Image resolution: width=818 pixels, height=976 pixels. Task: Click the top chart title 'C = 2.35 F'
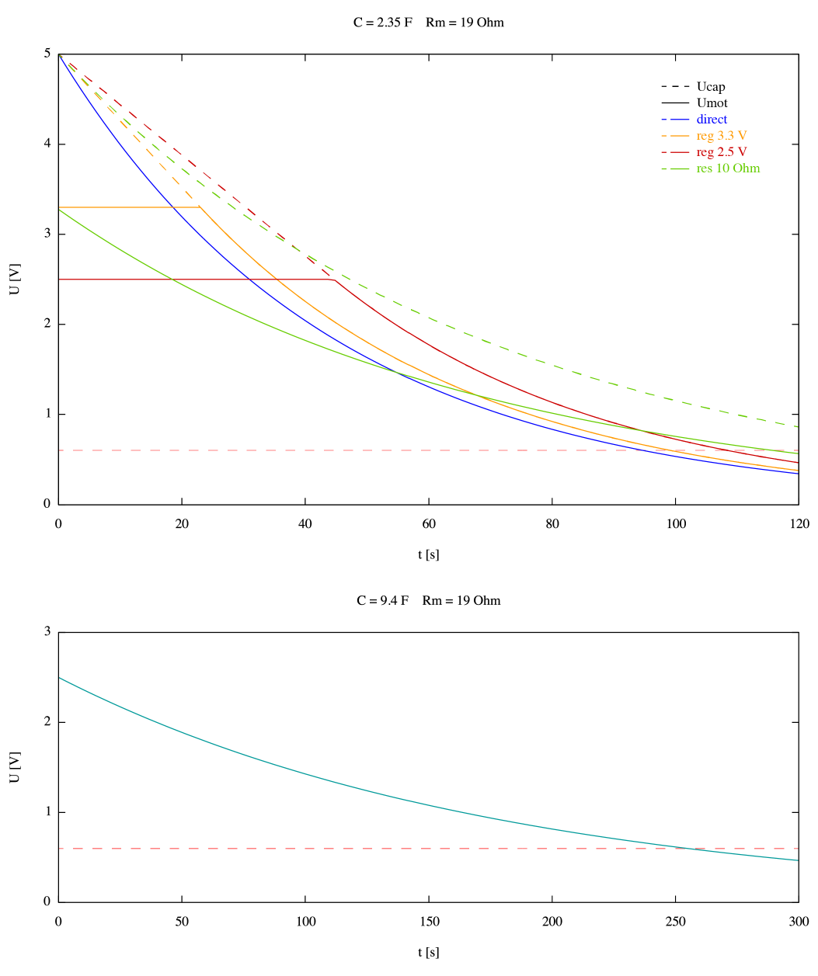382,23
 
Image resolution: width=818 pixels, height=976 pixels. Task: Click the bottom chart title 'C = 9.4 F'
382,600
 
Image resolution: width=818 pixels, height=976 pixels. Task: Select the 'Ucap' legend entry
711,87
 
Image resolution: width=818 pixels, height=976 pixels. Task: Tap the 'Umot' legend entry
712,103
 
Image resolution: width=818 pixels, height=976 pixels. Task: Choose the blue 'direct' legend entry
712,120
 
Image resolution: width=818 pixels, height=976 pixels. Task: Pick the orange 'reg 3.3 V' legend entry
722,136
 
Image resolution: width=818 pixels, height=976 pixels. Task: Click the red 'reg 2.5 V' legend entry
722,152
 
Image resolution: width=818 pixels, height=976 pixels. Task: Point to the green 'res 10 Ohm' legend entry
728,168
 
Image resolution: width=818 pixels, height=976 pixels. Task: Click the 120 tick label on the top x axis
799,524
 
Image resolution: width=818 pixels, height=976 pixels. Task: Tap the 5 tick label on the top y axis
47,54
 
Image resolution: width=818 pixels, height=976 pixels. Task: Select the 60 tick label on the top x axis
429,524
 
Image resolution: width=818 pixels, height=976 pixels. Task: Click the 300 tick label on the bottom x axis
799,922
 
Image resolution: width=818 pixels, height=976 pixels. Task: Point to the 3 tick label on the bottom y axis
47,632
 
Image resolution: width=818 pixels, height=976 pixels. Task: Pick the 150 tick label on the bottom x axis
429,922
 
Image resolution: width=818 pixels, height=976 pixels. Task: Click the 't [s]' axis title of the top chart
429,554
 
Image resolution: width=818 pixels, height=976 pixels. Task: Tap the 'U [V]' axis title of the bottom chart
15,767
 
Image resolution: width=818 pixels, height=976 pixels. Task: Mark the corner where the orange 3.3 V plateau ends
200,207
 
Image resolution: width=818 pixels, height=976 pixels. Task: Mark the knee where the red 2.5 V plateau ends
335,280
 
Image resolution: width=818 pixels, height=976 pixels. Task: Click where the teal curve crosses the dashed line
686,849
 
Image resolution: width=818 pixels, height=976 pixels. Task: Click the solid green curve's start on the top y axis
59,209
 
